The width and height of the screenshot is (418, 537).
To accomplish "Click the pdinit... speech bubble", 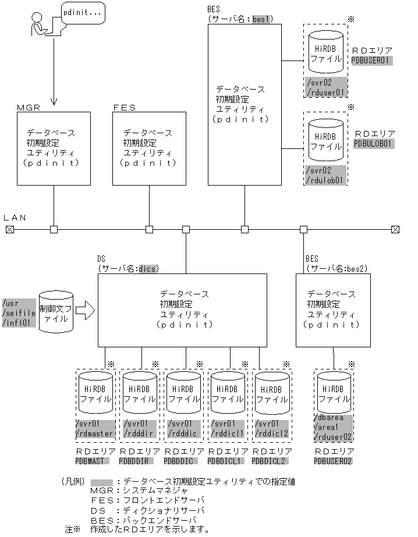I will tap(83, 12).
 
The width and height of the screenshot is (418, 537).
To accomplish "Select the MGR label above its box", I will tap(29, 108).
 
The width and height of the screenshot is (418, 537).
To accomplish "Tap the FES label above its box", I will tap(124, 108).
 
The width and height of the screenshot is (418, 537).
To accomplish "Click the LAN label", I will tap(15, 217).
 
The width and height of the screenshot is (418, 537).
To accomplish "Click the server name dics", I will tap(148, 268).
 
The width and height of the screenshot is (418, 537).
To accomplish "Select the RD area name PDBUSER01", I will tap(373, 60).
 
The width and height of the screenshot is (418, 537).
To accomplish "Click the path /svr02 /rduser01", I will tap(325, 87).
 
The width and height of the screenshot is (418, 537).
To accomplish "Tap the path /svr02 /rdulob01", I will tap(325, 175).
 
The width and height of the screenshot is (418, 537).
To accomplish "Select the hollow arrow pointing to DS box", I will tap(84, 311).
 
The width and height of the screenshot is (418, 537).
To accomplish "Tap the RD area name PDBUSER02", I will tap(333, 461).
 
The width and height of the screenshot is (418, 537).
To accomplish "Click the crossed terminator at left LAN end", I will tap(9, 229).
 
